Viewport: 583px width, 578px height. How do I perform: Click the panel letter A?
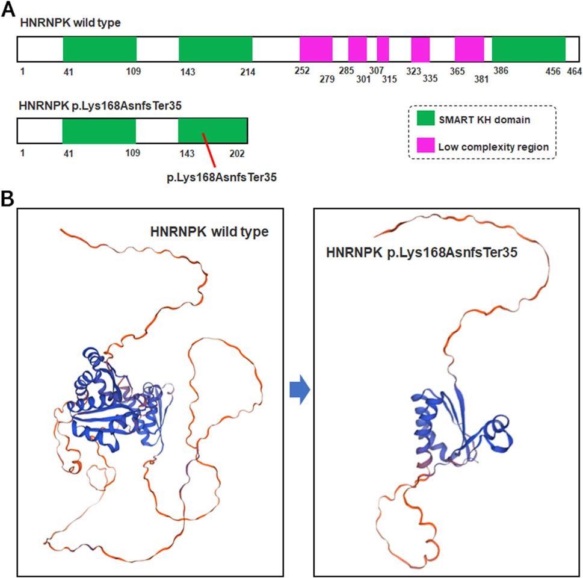tap(8, 9)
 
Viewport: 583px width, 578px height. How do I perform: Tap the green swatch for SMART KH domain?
tap(428, 120)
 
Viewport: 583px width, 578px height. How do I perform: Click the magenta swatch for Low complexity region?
tap(428, 146)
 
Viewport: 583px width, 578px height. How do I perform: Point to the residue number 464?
tap(573, 71)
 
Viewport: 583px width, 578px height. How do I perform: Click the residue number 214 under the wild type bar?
tap(247, 72)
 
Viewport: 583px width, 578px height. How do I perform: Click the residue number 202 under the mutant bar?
tap(236, 153)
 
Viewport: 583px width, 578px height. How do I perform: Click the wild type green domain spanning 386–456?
tap(529, 49)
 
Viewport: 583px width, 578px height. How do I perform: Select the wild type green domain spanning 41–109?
tap(100, 49)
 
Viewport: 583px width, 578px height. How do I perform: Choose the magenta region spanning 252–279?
tap(316, 49)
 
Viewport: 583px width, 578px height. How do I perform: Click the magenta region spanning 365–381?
tap(469, 49)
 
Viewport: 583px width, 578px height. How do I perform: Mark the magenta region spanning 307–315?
tap(383, 49)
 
